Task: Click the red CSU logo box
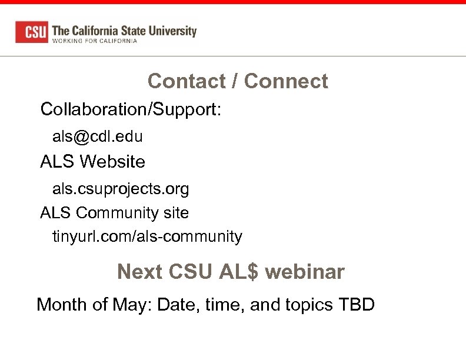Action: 32,32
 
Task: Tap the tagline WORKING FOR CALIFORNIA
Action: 95,41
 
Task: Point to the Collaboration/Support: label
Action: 131,109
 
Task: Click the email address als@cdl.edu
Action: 98,136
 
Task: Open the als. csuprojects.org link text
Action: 121,189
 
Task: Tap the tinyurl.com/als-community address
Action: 147,236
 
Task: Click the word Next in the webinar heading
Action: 139,272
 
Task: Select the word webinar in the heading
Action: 305,272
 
